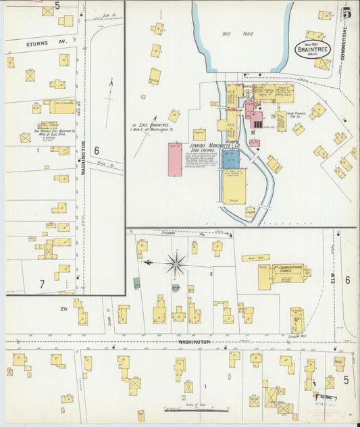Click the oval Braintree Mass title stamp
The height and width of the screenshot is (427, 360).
313,49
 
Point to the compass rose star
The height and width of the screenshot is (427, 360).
176,263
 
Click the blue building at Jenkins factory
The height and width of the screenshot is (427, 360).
230,159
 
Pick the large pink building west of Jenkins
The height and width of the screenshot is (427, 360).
175,159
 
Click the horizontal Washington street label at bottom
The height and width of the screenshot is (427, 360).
193,342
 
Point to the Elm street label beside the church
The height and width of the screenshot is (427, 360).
332,276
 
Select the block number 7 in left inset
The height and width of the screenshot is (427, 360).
42,284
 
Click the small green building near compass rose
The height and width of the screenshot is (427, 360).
137,283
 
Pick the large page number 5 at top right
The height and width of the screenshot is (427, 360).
346,12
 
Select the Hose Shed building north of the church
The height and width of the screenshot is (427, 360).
255,258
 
